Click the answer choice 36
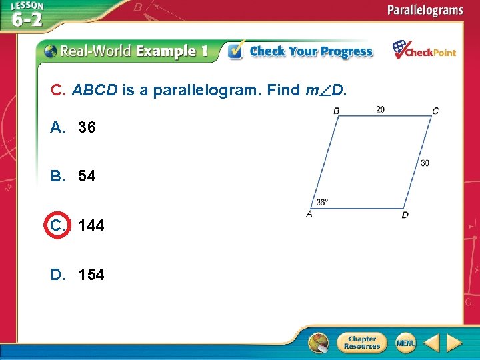(x=86, y=127)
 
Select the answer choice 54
(x=86, y=177)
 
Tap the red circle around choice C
(x=57, y=225)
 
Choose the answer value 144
(x=91, y=226)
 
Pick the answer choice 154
(x=91, y=275)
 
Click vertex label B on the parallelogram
(x=336, y=111)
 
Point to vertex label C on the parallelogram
(x=435, y=111)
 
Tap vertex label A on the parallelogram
(x=309, y=214)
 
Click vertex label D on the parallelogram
(x=405, y=215)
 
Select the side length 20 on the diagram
(x=380, y=109)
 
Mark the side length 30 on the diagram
(x=425, y=163)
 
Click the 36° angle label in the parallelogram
(x=322, y=202)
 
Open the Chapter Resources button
(x=361, y=343)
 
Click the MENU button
(x=405, y=343)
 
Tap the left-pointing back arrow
(x=431, y=343)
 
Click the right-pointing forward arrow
(x=455, y=343)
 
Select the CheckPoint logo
(x=424, y=51)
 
